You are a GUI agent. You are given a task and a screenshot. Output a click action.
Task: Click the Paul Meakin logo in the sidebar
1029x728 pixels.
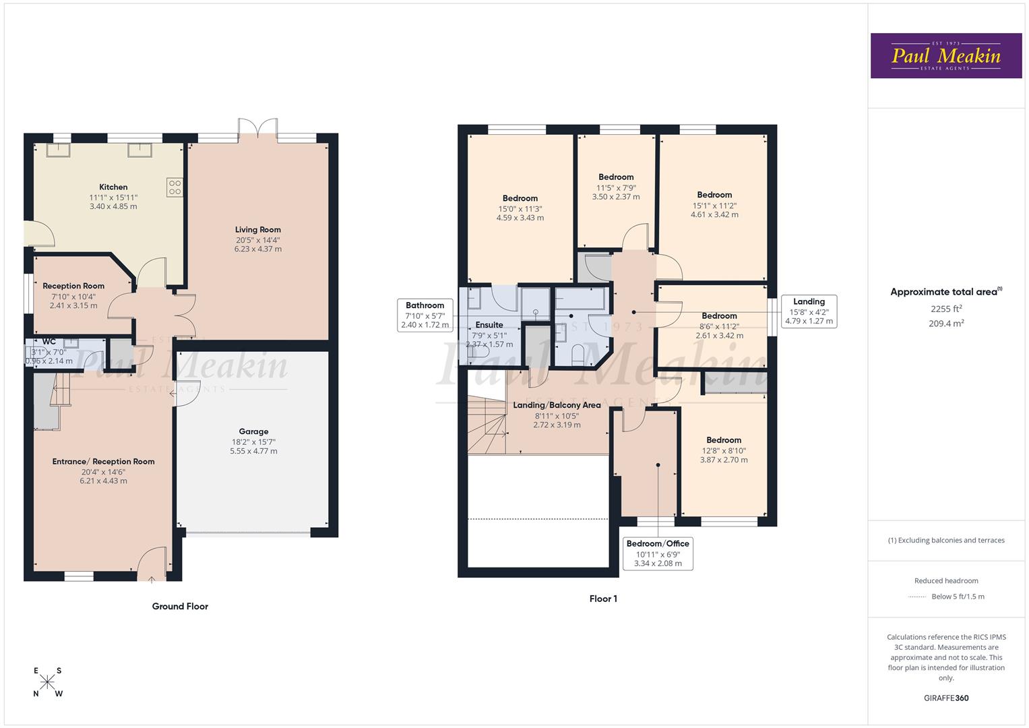[946, 56]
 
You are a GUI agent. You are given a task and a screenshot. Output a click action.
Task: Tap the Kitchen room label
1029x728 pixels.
[113, 187]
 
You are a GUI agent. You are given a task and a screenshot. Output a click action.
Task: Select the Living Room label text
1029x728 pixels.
[257, 229]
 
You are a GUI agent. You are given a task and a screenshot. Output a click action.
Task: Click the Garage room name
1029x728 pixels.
[253, 431]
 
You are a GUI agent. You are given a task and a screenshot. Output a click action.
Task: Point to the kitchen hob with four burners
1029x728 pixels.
[175, 187]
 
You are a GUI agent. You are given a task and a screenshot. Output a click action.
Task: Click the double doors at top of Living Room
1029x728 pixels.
[258, 127]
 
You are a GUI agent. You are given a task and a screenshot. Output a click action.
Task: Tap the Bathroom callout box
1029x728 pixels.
[425, 315]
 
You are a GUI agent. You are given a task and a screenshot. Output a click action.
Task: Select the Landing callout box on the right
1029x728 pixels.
[809, 311]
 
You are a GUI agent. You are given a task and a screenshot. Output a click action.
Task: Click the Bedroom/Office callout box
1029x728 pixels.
[658, 553]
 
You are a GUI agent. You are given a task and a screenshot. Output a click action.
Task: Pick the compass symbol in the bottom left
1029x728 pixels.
[48, 682]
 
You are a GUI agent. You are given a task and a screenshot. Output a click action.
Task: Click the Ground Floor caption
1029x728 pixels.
[180, 606]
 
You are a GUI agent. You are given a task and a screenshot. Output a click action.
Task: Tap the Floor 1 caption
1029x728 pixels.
[603, 599]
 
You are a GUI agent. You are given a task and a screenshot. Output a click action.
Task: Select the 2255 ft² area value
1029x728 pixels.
[946, 309]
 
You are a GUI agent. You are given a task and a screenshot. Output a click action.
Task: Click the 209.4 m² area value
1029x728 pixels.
[946, 324]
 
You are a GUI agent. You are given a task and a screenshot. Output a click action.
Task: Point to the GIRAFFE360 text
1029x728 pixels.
[946, 698]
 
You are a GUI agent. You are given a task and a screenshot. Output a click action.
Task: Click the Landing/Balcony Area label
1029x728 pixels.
[557, 405]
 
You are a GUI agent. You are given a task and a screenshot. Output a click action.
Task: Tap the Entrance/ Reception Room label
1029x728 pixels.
[104, 462]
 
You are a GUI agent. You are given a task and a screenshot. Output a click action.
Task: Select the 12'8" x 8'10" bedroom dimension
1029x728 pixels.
[724, 450]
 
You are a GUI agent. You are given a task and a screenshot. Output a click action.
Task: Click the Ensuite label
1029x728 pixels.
[489, 325]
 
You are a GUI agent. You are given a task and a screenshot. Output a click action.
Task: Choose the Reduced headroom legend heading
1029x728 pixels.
[946, 580]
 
